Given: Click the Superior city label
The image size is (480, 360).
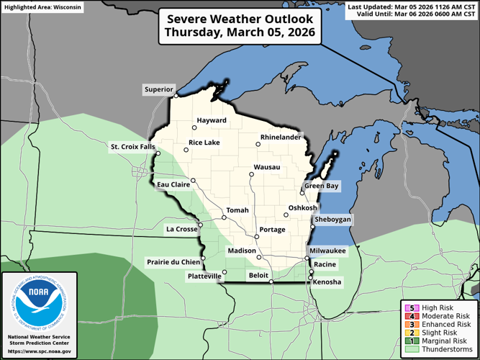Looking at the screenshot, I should (158, 90).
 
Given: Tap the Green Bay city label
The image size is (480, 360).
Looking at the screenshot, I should (321, 186).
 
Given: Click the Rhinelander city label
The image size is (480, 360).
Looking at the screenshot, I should (280, 137).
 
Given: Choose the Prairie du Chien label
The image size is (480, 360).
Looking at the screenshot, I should (173, 261).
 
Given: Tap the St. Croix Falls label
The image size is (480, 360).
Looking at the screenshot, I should (132, 147).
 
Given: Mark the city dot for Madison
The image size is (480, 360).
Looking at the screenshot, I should (258, 256).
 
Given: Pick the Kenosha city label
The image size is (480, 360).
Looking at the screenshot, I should (327, 282).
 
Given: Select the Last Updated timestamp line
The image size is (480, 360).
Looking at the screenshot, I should (412, 6).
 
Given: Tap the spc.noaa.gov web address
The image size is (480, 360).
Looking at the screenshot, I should (40, 351).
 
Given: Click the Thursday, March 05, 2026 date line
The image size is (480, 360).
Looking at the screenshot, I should (240, 32).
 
